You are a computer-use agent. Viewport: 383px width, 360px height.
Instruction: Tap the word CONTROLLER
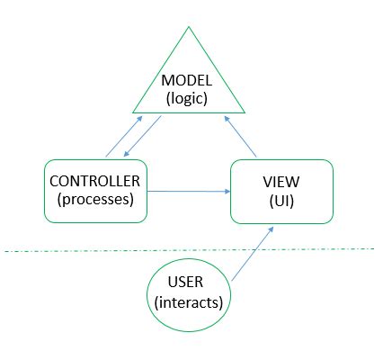tap(94, 182)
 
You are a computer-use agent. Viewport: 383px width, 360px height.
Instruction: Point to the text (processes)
tap(94, 200)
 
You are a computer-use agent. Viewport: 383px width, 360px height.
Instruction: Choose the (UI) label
tap(281, 202)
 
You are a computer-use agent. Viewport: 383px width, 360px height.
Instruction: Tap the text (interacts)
tap(189, 303)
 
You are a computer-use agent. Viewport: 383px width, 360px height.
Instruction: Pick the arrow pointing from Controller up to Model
tap(123, 136)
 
